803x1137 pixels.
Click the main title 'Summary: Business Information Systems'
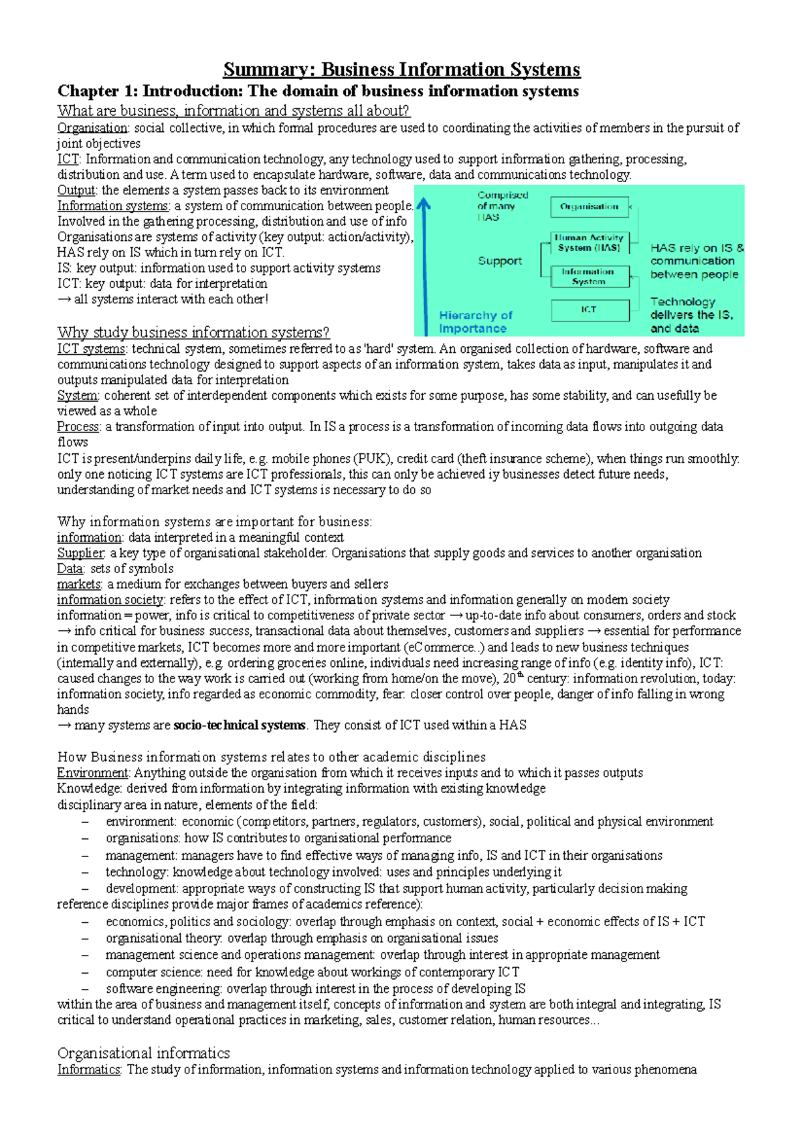401,70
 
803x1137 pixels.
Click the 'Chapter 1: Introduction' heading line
318,91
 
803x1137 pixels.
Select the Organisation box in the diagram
589,207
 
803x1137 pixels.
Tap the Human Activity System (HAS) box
589,242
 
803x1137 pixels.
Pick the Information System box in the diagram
589,277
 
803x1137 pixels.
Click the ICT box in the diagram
589,310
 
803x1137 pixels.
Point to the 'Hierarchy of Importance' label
475,322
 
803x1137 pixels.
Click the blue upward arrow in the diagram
424,268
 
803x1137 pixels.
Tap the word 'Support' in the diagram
500,261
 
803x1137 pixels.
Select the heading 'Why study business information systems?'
193,333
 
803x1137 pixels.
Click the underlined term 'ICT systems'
91,349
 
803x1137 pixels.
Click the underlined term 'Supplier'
81,553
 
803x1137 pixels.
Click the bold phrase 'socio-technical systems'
239,725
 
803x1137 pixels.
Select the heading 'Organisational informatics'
143,1053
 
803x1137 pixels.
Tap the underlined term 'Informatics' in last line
88,1069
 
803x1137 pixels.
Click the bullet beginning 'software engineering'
315,989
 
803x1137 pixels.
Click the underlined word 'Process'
78,427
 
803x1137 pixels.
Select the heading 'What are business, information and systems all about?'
233,111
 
